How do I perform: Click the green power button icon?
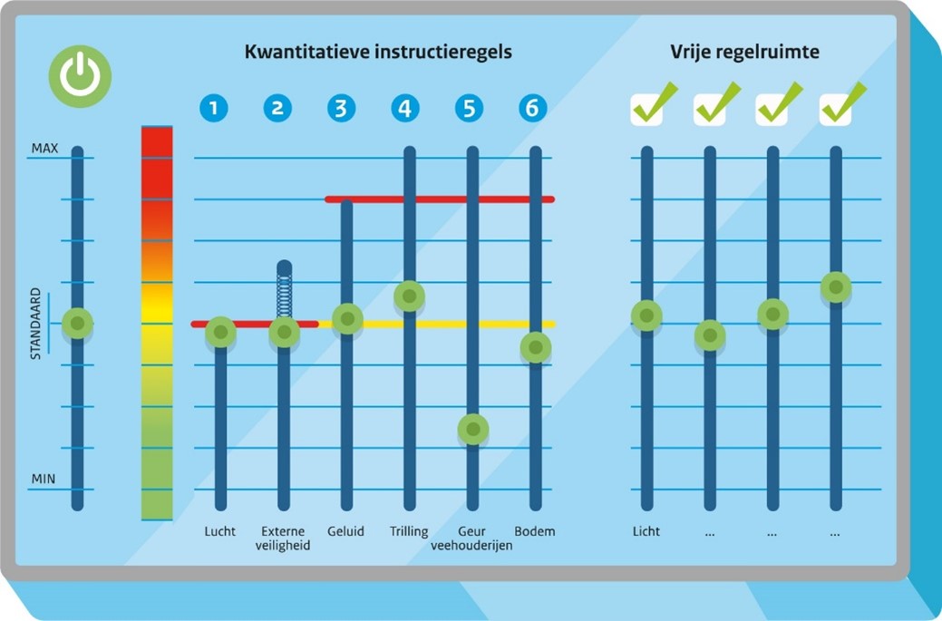(x=80, y=76)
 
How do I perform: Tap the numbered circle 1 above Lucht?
(x=214, y=108)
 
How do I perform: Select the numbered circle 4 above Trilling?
(x=405, y=108)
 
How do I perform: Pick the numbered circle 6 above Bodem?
(x=533, y=108)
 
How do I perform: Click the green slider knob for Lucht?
(x=220, y=333)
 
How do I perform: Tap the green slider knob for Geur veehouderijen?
(x=472, y=428)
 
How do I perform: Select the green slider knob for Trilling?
(x=409, y=296)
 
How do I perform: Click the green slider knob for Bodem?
(x=536, y=347)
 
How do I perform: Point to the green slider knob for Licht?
(x=646, y=315)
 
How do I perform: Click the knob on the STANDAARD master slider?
(x=78, y=323)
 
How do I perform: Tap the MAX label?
(x=44, y=148)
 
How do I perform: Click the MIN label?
(x=44, y=477)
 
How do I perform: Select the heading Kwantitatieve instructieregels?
(x=378, y=52)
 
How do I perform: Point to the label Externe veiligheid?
(x=284, y=538)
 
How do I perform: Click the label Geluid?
(x=345, y=531)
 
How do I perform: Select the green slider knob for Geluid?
(x=346, y=318)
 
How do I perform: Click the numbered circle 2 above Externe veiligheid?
(x=277, y=108)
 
